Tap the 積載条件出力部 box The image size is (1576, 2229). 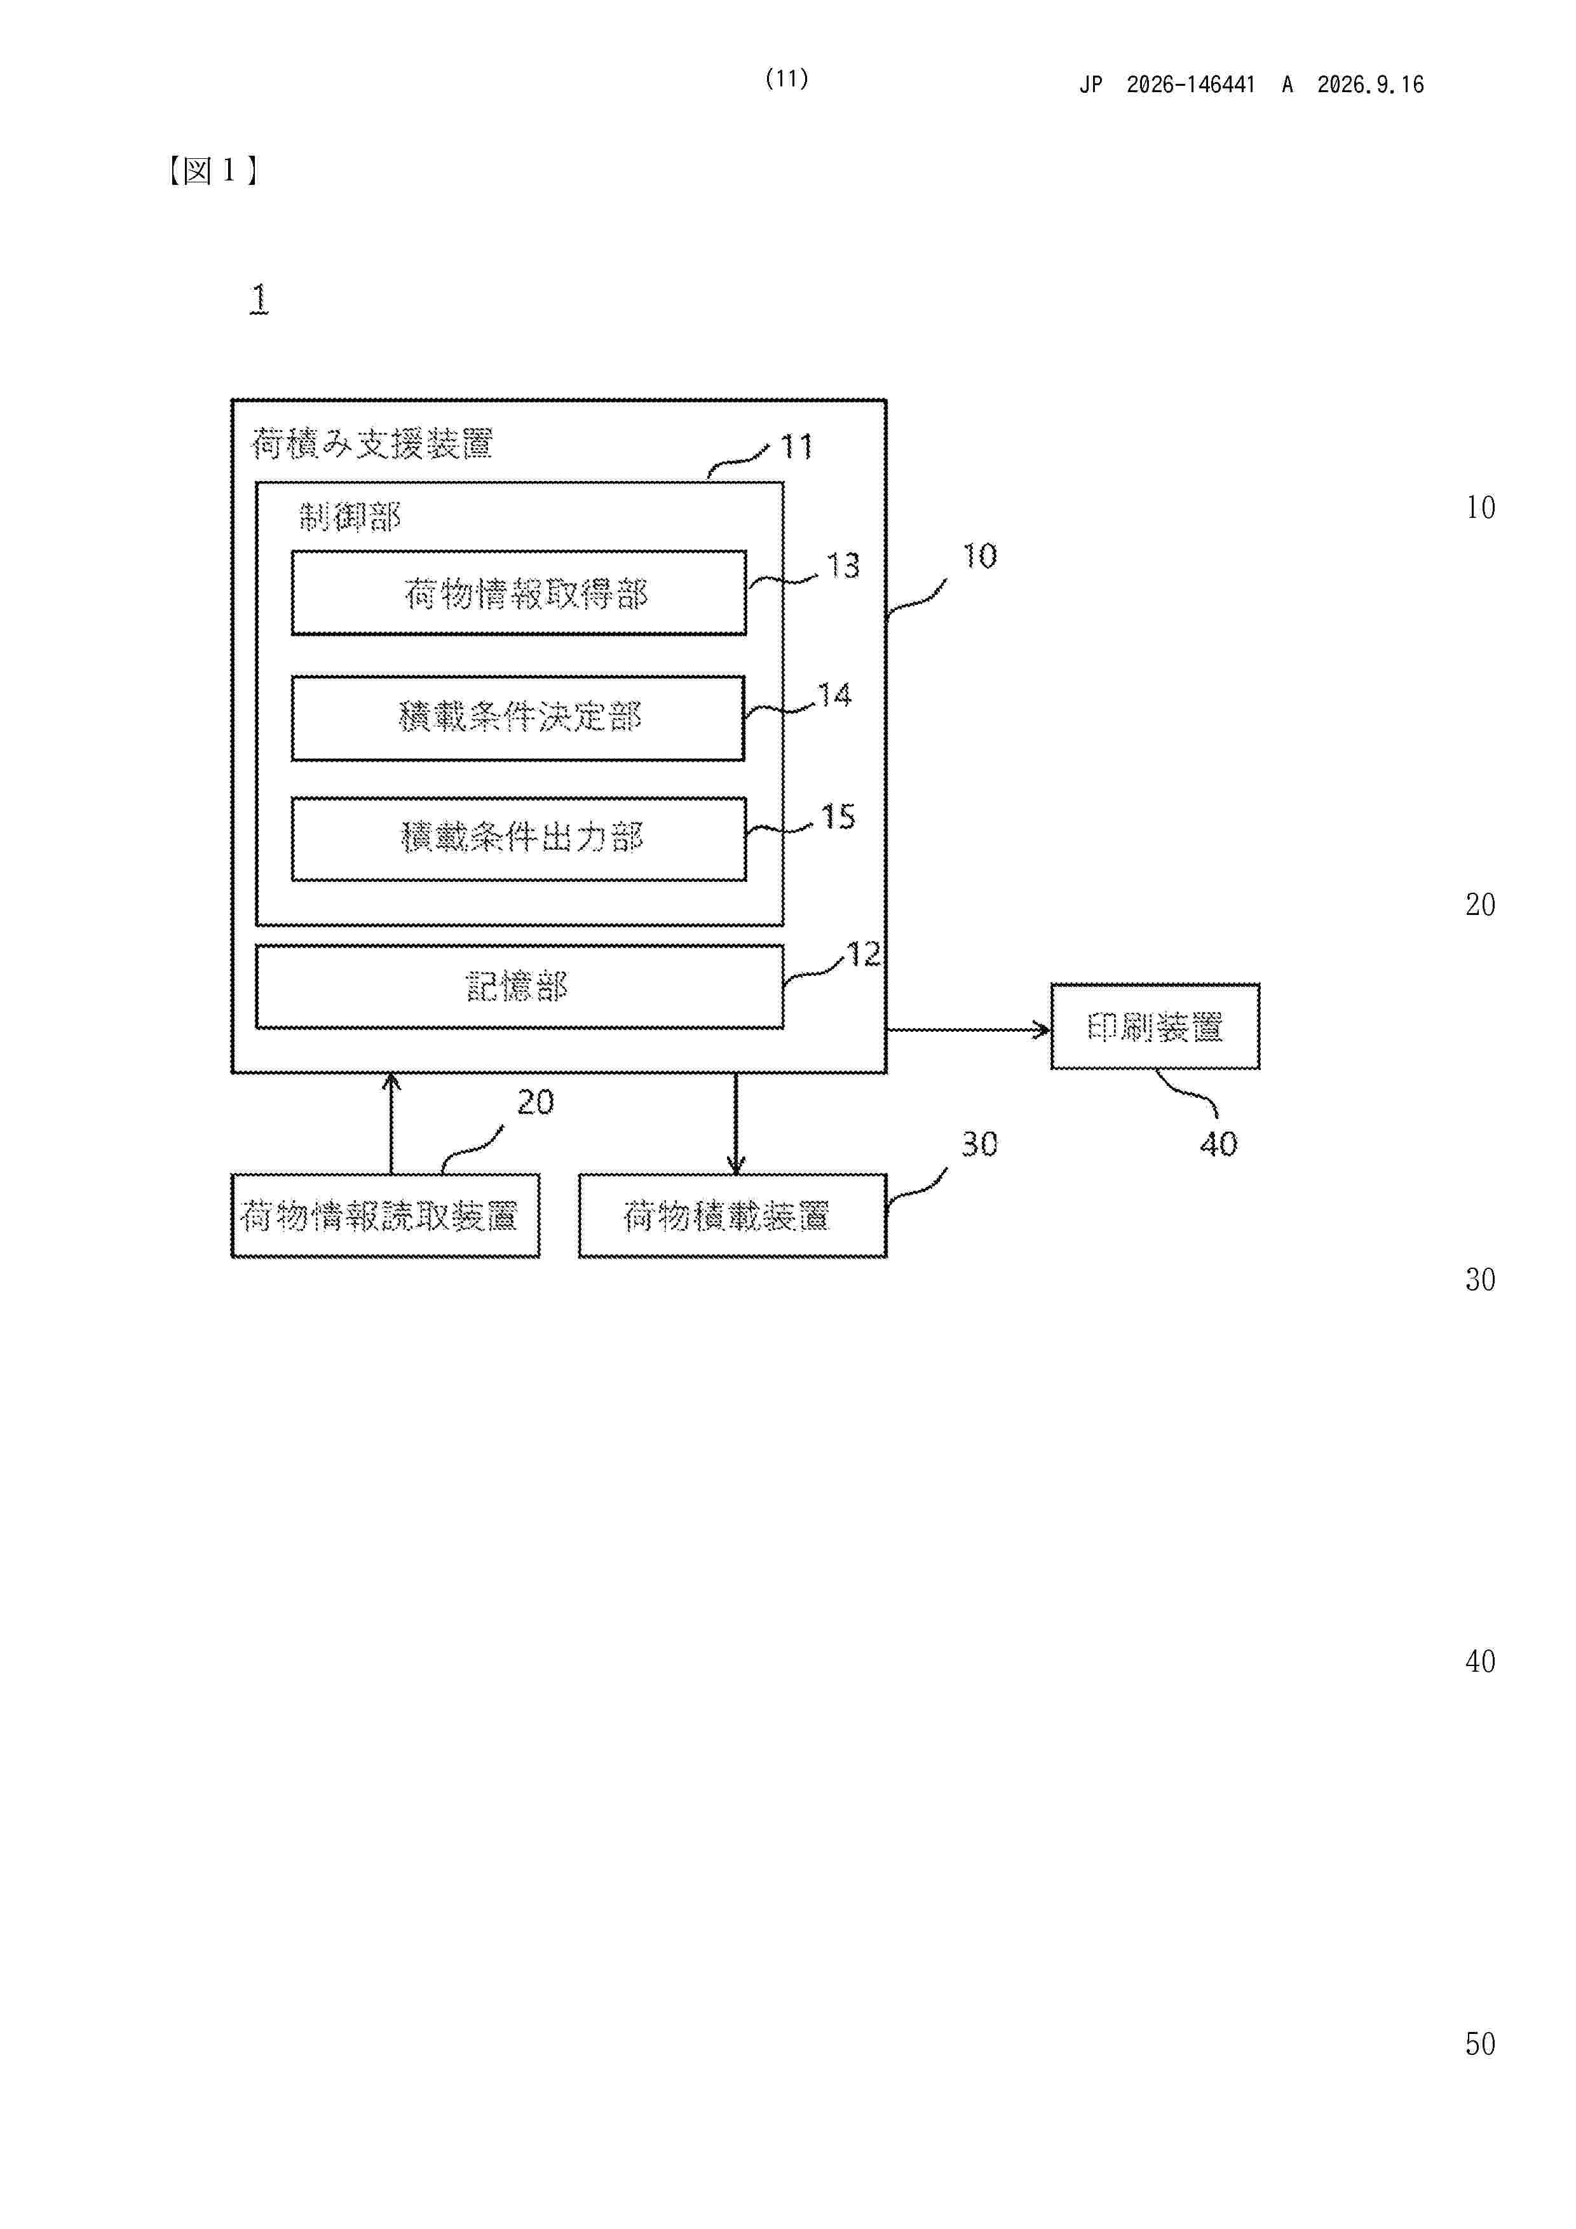point(519,839)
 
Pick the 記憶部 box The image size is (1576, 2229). point(519,986)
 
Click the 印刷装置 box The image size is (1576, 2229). point(1155,1026)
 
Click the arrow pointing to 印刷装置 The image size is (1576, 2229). point(968,1030)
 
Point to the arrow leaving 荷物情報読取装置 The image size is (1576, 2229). point(391,1123)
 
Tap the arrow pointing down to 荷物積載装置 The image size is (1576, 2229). point(735,1123)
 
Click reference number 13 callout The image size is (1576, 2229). point(843,565)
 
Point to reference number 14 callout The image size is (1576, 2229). point(834,695)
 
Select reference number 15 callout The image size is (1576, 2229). point(838,816)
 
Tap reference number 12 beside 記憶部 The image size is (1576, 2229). point(863,954)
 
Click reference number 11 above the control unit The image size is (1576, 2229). point(796,447)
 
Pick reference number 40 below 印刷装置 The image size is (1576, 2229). point(1219,1144)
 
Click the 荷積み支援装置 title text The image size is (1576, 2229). point(372,444)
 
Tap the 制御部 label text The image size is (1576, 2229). point(350,517)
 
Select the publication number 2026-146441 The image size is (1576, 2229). point(1190,85)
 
